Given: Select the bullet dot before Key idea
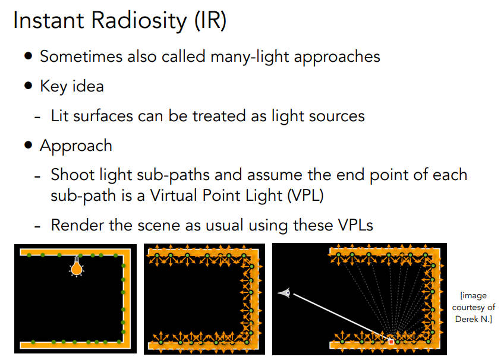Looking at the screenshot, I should [29, 86].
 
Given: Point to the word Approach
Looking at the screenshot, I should [75, 146].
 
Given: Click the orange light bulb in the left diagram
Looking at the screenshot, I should [76, 268].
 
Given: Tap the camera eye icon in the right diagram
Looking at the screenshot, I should [285, 292].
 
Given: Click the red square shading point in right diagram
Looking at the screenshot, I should [391, 342].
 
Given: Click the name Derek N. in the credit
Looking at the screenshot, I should [473, 319].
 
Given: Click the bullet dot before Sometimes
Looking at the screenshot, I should [29, 56].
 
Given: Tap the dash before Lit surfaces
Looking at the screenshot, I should [37, 116].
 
